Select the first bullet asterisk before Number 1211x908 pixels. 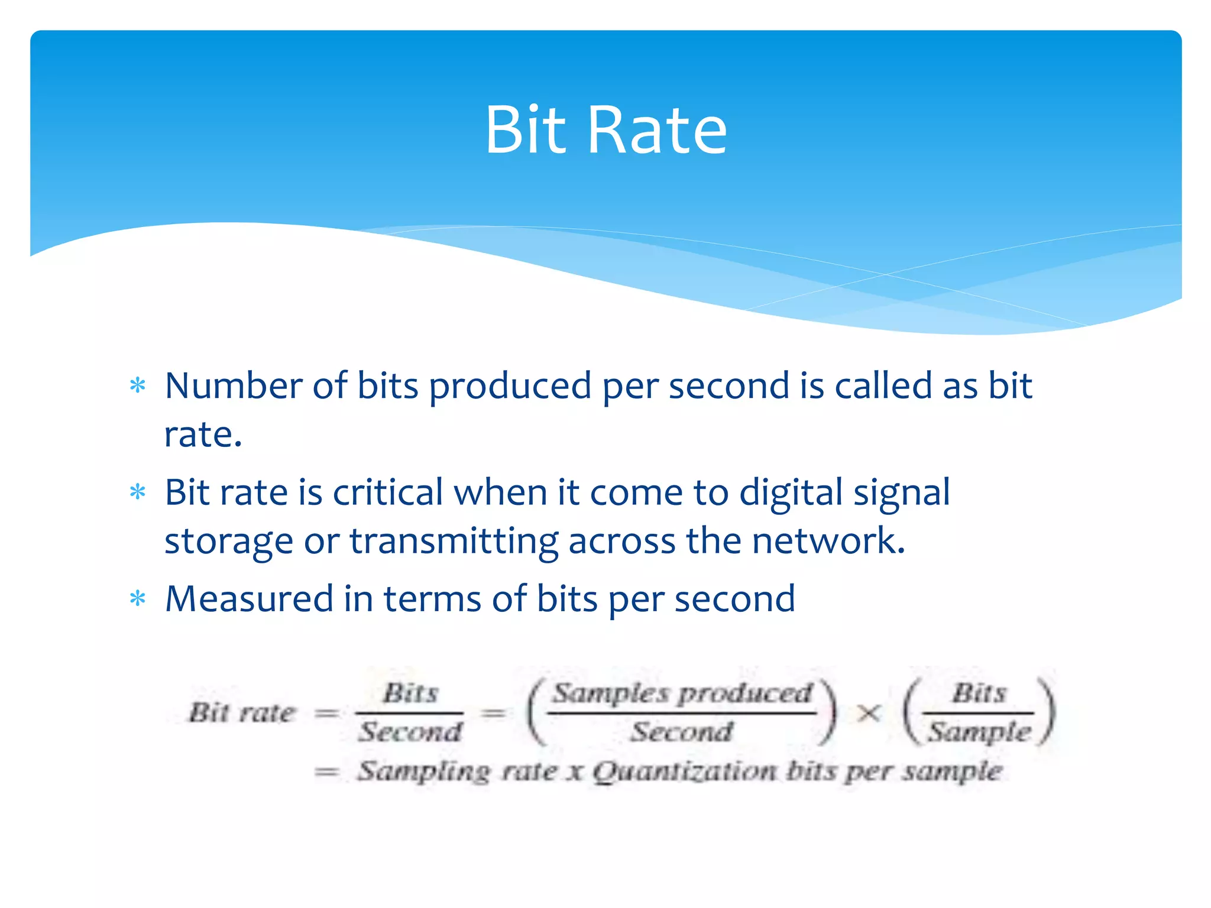click(x=138, y=386)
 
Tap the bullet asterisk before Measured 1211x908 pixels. click(x=138, y=599)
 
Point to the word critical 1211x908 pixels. click(x=387, y=492)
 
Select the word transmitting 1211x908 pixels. click(x=454, y=541)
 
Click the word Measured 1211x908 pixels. click(x=249, y=598)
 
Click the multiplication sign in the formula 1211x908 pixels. click(x=868, y=714)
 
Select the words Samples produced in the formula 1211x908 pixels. click(x=682, y=693)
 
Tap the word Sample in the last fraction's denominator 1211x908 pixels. click(x=979, y=732)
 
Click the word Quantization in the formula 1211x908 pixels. click(x=684, y=771)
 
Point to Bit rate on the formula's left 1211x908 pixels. click(x=241, y=712)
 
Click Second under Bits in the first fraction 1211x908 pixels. click(x=410, y=732)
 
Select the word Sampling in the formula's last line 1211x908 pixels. click(x=423, y=771)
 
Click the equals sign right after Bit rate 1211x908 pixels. click(x=326, y=714)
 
